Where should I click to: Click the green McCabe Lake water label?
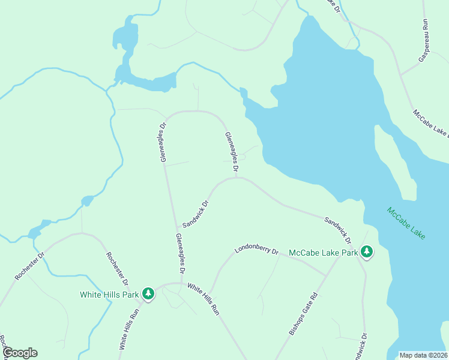point(406,224)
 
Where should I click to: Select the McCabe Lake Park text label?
point(323,253)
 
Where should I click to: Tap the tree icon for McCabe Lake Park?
point(366,253)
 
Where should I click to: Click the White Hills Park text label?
point(110,294)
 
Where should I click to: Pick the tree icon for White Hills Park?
point(148,294)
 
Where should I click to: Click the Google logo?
point(20,353)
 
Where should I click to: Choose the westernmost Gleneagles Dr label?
point(163,143)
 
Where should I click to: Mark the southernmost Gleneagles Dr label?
point(181,251)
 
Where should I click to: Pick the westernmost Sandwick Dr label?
point(196,214)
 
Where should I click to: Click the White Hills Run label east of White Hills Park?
point(202,299)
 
